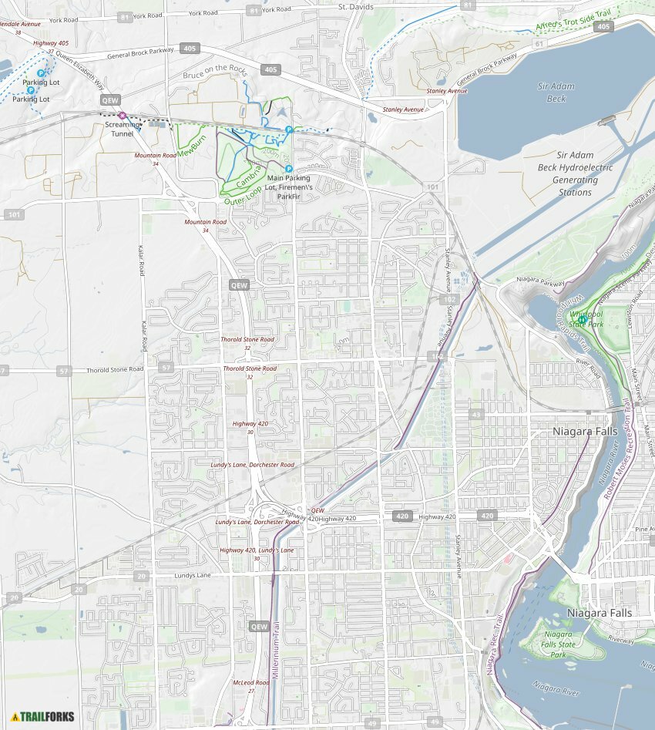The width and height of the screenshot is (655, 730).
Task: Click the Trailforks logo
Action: [x=43, y=716]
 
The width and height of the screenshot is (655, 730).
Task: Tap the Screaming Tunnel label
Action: [x=123, y=129]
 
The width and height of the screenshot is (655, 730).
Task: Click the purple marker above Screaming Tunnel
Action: [x=122, y=116]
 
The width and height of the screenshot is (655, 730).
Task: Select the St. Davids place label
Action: [x=356, y=7]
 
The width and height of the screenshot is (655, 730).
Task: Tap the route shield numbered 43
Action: [x=476, y=415]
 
